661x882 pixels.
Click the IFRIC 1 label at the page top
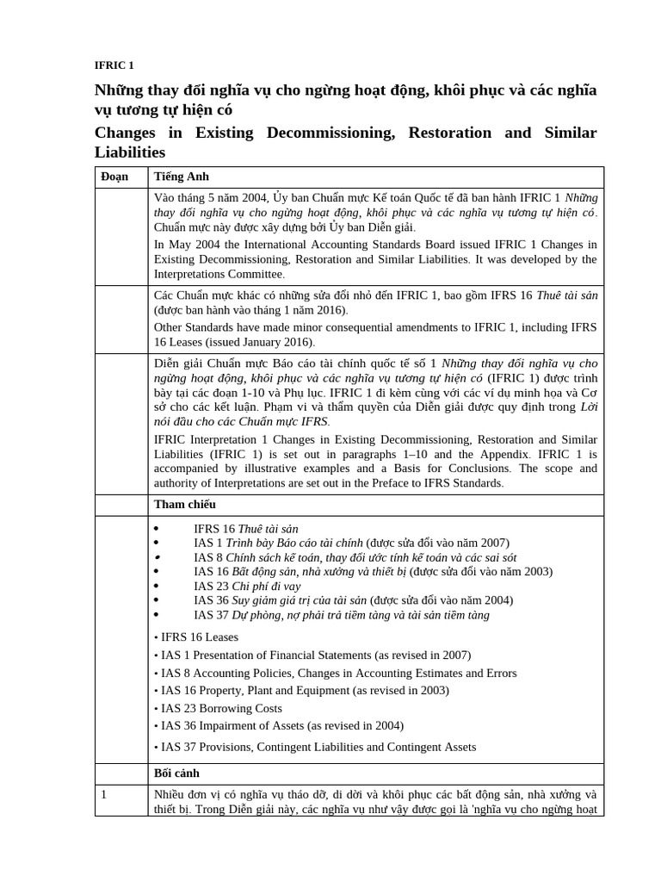(114, 65)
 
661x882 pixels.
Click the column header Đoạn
(117, 177)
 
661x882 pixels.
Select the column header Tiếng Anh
(182, 177)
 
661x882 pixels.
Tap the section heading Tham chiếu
(184, 504)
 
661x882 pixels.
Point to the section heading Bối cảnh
(177, 773)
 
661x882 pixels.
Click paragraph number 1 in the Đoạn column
(104, 794)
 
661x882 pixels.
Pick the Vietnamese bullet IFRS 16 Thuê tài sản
(246, 528)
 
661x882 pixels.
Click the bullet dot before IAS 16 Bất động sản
(156, 572)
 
